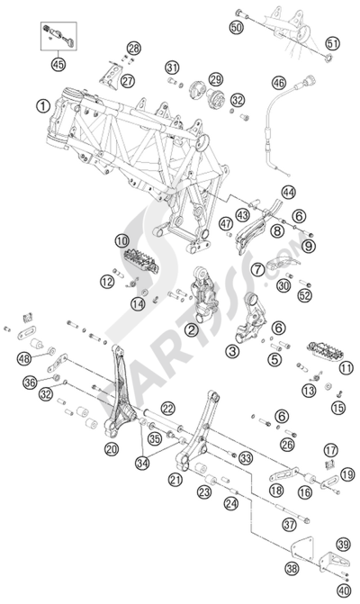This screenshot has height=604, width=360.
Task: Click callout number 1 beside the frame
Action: [x=42, y=105]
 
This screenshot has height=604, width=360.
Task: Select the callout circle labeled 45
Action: [x=59, y=64]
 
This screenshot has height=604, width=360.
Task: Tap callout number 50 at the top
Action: [x=237, y=29]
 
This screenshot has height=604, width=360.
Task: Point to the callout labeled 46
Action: [x=276, y=82]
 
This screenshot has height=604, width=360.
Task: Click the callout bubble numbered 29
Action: [x=215, y=81]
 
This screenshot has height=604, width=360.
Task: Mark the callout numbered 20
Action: [x=112, y=448]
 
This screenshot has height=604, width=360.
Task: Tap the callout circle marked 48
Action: [x=22, y=359]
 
